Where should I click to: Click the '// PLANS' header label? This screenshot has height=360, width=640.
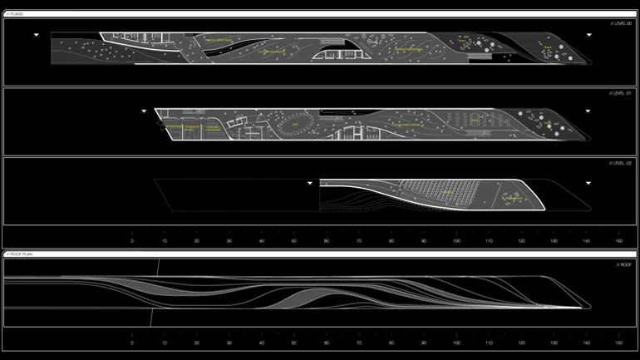[x=17, y=14]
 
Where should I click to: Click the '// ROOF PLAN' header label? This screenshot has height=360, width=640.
[x=20, y=253]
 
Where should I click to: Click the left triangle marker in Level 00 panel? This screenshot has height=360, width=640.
[x=37, y=35]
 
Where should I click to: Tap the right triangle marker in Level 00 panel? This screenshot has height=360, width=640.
[x=588, y=35]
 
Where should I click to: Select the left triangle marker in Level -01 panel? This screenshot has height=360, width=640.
[x=144, y=110]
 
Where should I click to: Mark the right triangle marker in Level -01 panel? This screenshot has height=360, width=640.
[x=588, y=110]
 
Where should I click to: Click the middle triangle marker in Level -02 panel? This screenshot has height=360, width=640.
[x=309, y=182]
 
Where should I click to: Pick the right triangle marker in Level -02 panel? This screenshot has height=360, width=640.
[x=588, y=182]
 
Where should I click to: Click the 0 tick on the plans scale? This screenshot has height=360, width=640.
[x=132, y=241]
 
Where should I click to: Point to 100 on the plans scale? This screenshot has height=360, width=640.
[x=456, y=241]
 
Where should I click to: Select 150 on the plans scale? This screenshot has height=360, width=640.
[x=618, y=241]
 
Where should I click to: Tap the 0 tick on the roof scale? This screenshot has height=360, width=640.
[x=132, y=343]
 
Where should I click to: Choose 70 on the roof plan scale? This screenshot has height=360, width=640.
[x=359, y=343]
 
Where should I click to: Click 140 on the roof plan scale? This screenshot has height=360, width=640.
[x=586, y=343]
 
